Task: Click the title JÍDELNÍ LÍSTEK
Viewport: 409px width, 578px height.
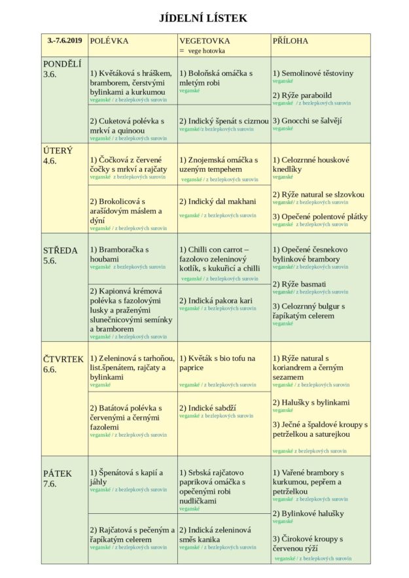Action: click(x=204, y=18)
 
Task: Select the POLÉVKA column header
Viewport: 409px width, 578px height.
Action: click(x=109, y=41)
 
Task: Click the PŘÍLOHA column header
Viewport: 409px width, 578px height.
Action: click(x=290, y=41)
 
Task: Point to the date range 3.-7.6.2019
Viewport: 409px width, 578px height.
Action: click(x=64, y=41)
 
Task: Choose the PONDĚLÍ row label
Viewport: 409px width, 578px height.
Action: click(x=62, y=64)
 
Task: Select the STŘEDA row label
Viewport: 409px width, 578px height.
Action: click(x=60, y=250)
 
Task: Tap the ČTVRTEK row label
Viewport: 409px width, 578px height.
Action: click(x=63, y=359)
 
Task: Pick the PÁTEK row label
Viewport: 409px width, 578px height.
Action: click(x=58, y=473)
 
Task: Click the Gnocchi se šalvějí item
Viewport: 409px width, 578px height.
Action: click(x=308, y=120)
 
